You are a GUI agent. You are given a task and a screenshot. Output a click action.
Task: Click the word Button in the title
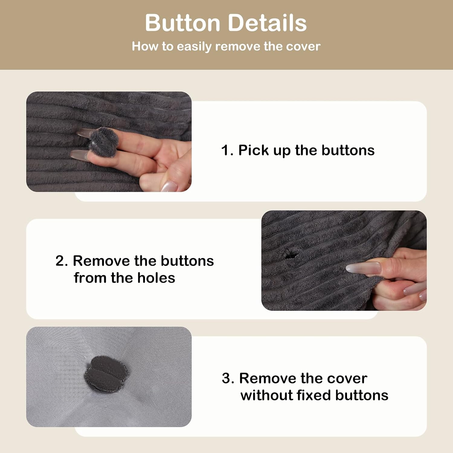(183, 23)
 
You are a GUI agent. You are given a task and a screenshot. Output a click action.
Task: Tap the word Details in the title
(267, 23)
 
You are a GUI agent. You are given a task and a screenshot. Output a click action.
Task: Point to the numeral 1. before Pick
(227, 150)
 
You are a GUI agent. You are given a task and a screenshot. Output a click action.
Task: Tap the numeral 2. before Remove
(62, 261)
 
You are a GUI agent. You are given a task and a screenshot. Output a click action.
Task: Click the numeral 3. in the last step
(228, 378)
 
